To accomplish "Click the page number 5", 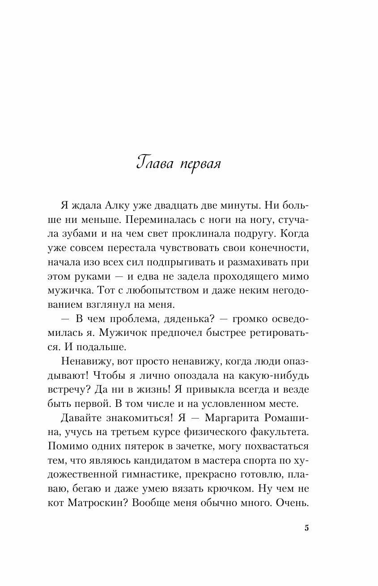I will pos(306,528).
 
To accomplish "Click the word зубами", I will pos(78,234).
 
